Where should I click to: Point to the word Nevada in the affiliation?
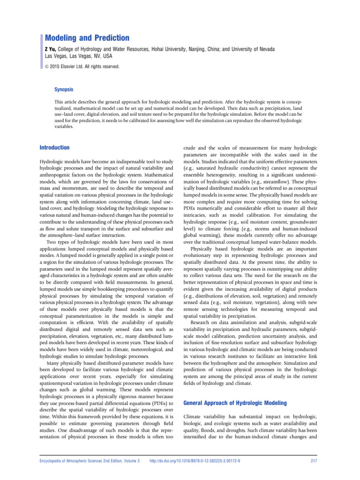click(x=265, y=49)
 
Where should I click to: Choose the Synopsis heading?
click(x=64, y=89)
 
